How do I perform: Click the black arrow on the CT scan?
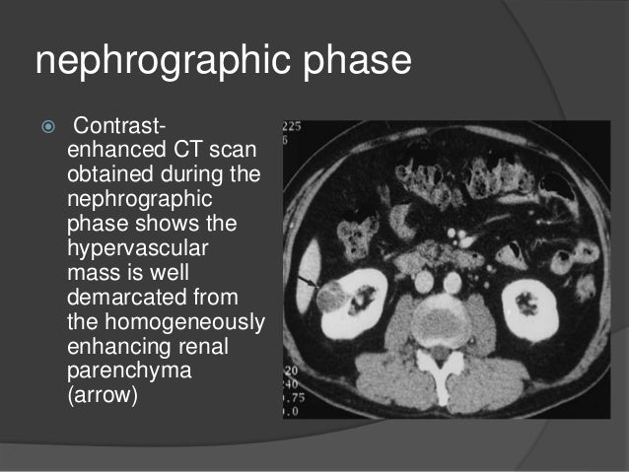click(311, 282)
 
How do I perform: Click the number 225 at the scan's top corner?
click(292, 127)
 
